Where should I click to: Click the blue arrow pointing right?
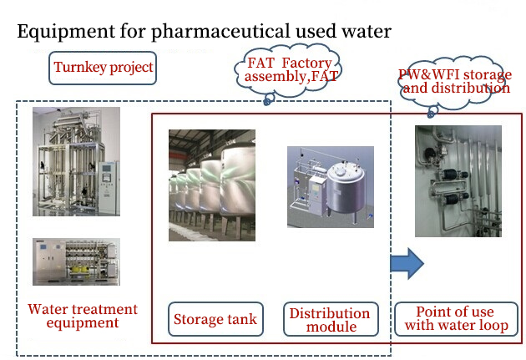pos(407,265)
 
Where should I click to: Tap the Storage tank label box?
pos(215,319)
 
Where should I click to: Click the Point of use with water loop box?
pos(456,319)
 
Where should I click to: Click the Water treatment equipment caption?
pos(83,316)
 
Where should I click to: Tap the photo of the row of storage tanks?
pos(212,185)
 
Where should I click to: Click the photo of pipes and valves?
pos(458,180)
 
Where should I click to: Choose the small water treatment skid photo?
pos(75,261)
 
